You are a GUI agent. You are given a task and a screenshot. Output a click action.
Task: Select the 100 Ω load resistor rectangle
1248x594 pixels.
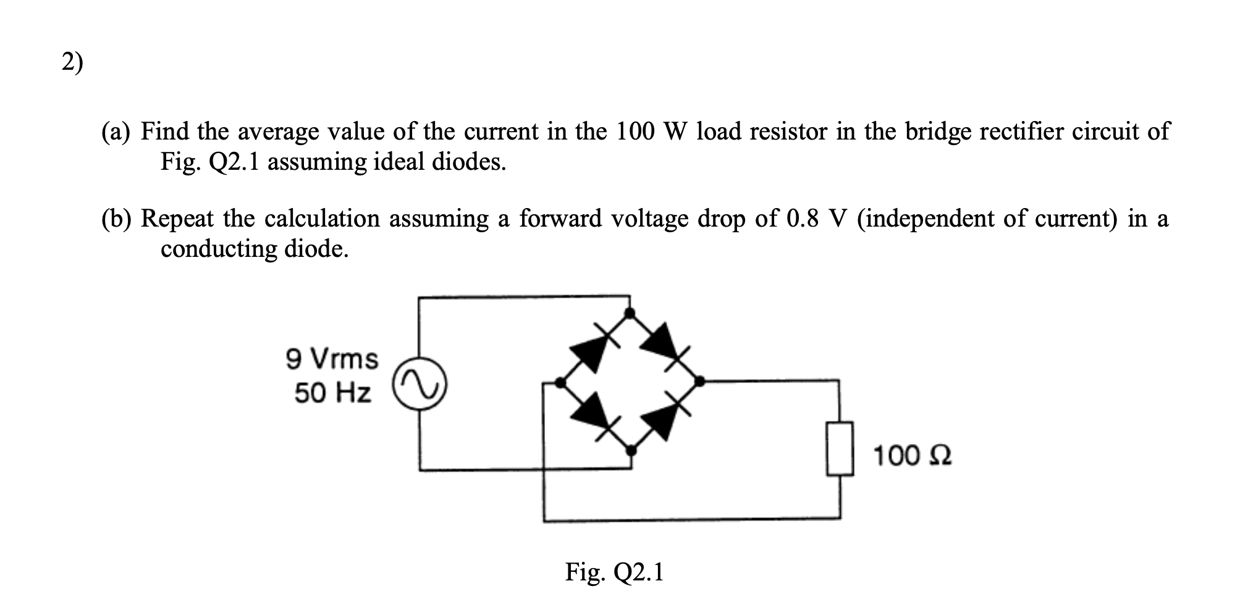pyautogui.click(x=840, y=449)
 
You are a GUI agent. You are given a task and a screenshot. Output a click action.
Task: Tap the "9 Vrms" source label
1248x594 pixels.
pyautogui.click(x=332, y=359)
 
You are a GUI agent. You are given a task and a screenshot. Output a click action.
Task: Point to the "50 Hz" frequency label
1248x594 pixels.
pyautogui.click(x=333, y=393)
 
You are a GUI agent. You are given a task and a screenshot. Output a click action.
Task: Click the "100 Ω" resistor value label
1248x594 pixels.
pyautogui.click(x=912, y=456)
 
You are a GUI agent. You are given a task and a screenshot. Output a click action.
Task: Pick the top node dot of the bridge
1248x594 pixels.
pyautogui.click(x=630, y=313)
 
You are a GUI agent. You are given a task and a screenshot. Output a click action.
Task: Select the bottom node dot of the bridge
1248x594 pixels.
pyautogui.click(x=630, y=451)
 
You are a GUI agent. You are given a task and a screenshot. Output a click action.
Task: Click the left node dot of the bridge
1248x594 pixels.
pyautogui.click(x=560, y=383)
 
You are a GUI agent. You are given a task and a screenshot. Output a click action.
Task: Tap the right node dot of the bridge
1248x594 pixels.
pyautogui.click(x=700, y=382)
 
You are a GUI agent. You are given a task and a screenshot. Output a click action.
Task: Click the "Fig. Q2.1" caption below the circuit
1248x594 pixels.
pyautogui.click(x=614, y=572)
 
